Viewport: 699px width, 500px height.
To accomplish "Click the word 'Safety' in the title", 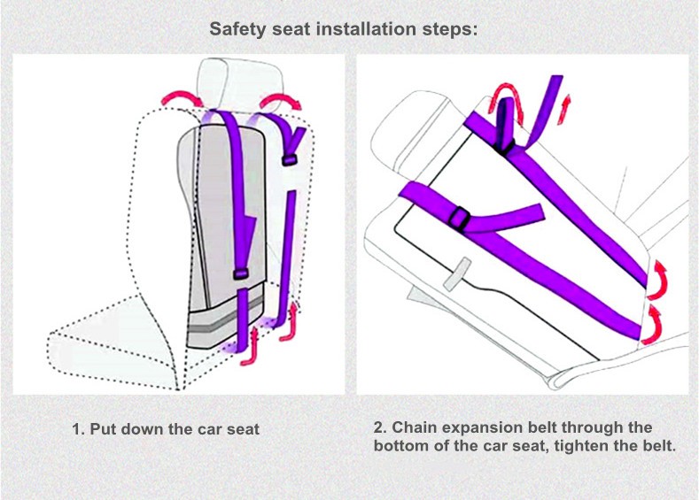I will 237,28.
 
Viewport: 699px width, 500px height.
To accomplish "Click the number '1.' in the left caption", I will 78,430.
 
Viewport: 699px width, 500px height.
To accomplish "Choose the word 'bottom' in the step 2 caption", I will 400,446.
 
